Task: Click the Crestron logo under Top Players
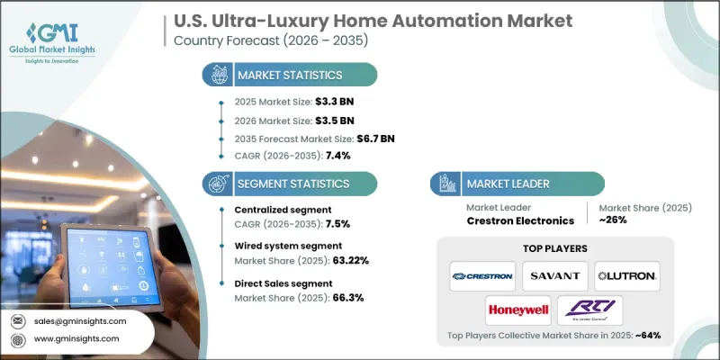pyautogui.click(x=483, y=274)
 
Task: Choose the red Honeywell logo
pyautogui.click(x=517, y=310)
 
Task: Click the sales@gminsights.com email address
pyautogui.click(x=81, y=320)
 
